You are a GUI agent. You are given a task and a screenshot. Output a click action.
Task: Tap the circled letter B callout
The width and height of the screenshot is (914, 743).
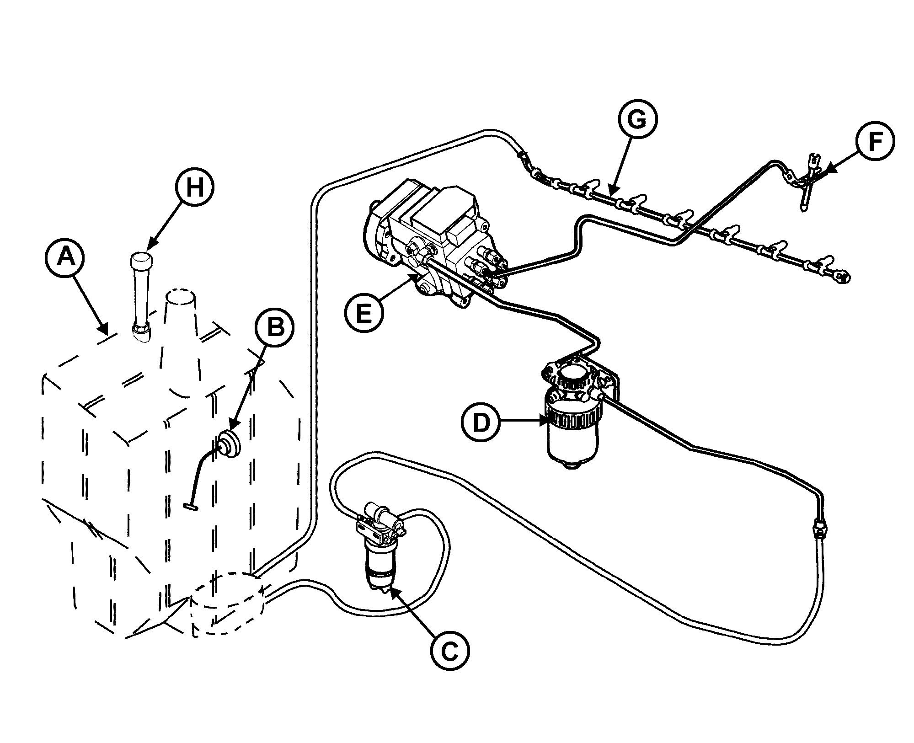(274, 328)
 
